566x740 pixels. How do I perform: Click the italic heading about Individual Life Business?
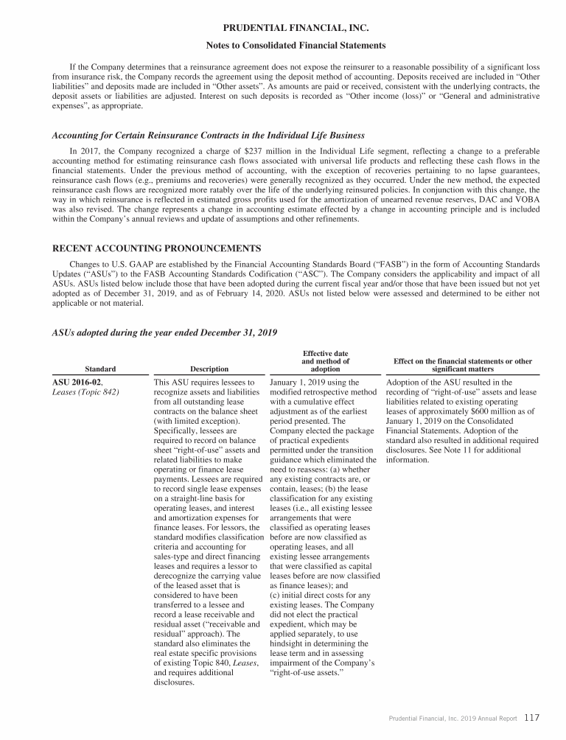point(209,135)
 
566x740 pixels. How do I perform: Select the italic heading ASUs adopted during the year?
point(164,332)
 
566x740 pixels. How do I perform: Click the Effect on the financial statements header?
point(463,365)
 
